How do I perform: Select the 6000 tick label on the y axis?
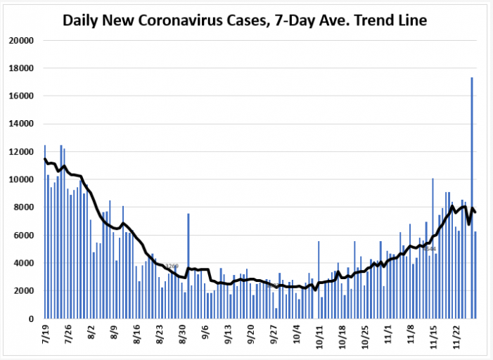coord(23,236)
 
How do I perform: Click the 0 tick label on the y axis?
coord(31,319)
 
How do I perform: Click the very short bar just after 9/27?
coord(276,313)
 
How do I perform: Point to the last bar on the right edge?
coord(475,275)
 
